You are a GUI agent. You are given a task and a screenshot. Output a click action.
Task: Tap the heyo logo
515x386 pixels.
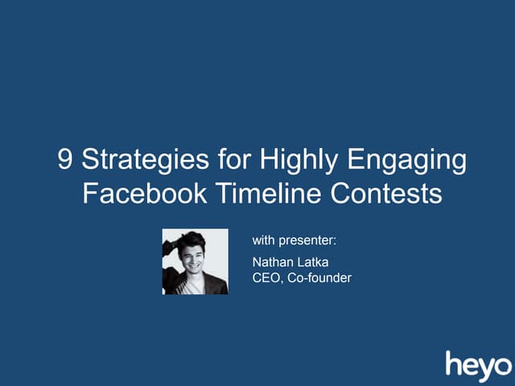[478, 363]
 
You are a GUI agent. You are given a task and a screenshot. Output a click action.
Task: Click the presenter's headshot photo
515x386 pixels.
[195, 261]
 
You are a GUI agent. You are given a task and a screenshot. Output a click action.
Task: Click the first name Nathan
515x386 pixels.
[274, 261]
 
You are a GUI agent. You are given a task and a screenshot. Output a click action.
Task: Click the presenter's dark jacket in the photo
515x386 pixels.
[213, 283]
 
